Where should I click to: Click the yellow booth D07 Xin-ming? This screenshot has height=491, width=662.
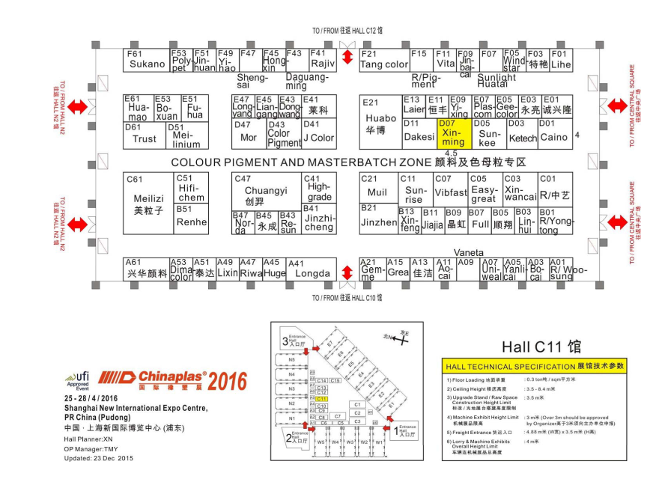click(x=454, y=133)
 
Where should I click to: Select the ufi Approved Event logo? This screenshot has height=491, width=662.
click(x=77, y=381)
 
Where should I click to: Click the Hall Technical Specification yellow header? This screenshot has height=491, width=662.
click(x=534, y=366)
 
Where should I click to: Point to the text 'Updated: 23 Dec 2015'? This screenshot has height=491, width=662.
click(x=99, y=457)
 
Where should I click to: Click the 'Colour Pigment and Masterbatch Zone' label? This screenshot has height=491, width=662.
click(x=349, y=162)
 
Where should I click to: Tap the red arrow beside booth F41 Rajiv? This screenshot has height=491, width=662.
click(x=347, y=59)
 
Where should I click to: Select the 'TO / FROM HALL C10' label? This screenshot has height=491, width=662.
click(x=347, y=298)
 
